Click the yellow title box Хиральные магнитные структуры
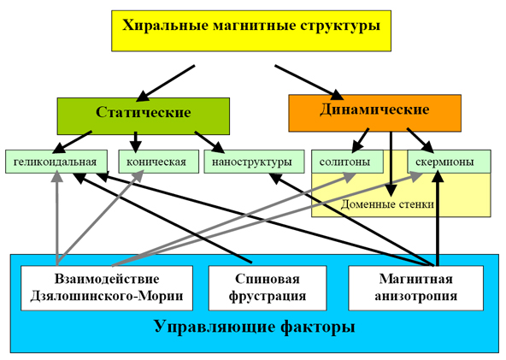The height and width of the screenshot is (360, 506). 251,31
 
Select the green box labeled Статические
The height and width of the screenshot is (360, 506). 144,116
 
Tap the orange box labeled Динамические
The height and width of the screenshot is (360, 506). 374,113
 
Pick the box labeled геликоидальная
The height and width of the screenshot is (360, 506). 56,162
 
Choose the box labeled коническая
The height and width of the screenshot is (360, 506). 158,162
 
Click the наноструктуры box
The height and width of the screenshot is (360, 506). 254,162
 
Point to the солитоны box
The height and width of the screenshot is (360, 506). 347,162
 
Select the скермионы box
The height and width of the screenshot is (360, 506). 450,162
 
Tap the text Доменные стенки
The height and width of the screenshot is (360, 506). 387,204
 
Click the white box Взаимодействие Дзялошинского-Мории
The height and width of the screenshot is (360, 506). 107,288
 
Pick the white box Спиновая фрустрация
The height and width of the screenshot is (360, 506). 268,288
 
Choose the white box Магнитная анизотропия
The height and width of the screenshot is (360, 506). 416,288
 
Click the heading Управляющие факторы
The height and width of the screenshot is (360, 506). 255,326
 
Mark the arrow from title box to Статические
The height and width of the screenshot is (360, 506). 165,82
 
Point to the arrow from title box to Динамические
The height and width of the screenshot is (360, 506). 309,82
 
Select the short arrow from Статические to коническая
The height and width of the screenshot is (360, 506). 136,142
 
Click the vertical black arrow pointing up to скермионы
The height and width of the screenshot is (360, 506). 438,217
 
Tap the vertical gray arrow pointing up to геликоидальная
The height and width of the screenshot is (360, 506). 57,217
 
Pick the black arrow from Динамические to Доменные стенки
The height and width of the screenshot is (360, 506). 391,163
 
